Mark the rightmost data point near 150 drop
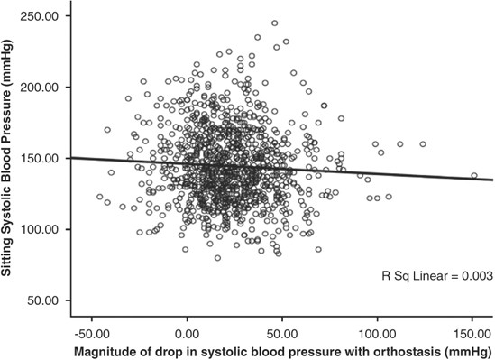474,176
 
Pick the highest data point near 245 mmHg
275,23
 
